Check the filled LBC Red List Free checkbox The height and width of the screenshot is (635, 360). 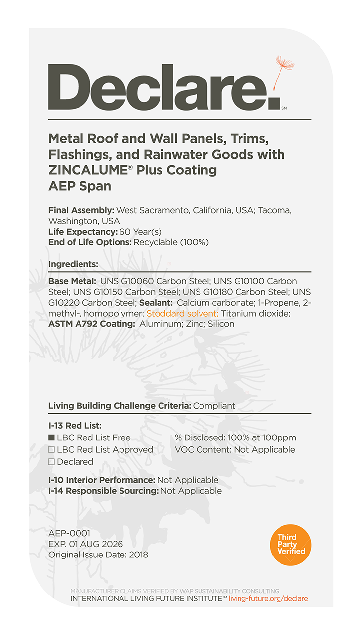click(x=51, y=437)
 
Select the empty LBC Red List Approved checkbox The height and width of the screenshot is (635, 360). click(x=51, y=450)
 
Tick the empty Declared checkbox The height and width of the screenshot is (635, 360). click(x=51, y=462)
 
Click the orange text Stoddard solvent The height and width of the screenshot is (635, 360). click(x=182, y=314)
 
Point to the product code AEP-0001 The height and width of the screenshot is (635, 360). click(x=69, y=534)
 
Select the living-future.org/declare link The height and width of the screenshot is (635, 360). click(x=268, y=598)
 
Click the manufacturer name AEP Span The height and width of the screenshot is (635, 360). click(x=80, y=187)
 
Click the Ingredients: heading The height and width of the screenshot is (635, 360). click(x=73, y=264)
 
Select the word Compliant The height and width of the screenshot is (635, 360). click(x=214, y=406)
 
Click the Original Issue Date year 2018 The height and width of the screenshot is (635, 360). click(x=138, y=555)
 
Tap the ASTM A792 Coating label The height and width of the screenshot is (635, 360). click(x=92, y=324)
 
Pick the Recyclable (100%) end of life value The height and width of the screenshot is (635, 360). click(x=171, y=242)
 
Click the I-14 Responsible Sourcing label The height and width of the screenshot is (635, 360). click(x=103, y=491)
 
